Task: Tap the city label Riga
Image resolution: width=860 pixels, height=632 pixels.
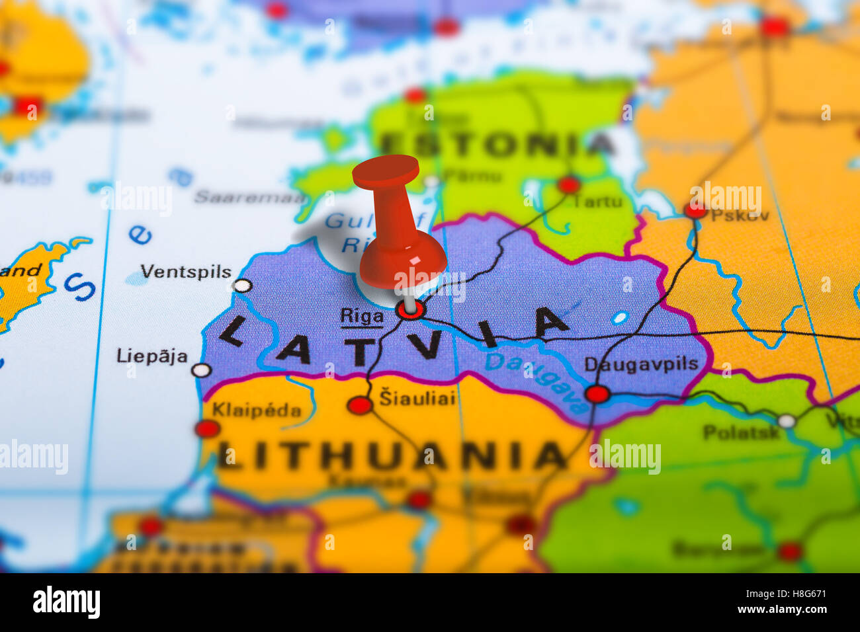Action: coord(361,316)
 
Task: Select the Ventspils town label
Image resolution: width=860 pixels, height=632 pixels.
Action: coord(186,272)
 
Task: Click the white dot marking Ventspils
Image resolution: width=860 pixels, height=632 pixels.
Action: coord(243,286)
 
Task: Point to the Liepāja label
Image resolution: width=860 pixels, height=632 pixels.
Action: coord(152,356)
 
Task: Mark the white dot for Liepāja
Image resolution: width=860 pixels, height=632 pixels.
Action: coord(201,370)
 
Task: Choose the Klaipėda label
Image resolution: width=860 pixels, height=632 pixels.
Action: coord(256,410)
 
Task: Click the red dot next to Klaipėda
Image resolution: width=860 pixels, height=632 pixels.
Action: coord(207,428)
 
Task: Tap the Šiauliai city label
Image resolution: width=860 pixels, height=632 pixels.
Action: coord(417,398)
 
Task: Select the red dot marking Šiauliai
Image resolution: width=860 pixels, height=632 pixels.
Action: coord(360,405)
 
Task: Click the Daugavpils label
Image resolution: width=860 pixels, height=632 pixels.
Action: coord(641,364)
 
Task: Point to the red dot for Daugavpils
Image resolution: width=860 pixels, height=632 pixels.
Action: coord(597,394)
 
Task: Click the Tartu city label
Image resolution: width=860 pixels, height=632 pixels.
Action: coord(597,202)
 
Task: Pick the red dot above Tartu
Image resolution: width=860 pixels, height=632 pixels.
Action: coord(568,184)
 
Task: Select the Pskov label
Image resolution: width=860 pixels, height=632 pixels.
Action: coord(740,215)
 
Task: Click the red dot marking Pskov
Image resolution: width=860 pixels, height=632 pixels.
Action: coord(695,210)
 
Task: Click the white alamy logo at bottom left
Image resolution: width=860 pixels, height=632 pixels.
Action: coord(66,602)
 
